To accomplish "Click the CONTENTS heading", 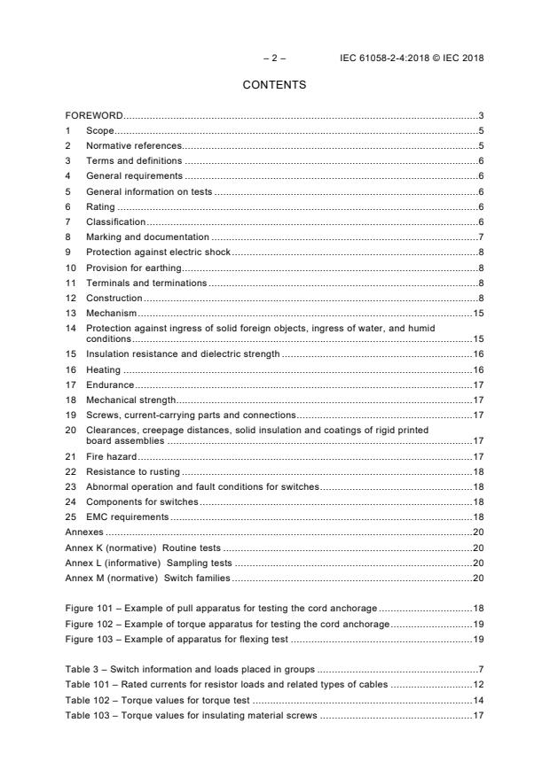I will (274, 85).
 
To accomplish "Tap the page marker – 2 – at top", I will (275, 58).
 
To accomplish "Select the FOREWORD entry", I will (94, 116).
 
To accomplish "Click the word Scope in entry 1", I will (99, 131).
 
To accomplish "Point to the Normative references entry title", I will (133, 146).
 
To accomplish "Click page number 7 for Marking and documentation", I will (480, 237).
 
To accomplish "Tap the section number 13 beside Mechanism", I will (71, 314).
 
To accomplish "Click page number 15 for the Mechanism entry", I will (477, 314).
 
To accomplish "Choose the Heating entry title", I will (103, 369).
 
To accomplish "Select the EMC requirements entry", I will (127, 517).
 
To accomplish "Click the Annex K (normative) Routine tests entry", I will (143, 548).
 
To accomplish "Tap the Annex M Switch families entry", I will (147, 578).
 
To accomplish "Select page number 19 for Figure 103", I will (477, 639).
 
